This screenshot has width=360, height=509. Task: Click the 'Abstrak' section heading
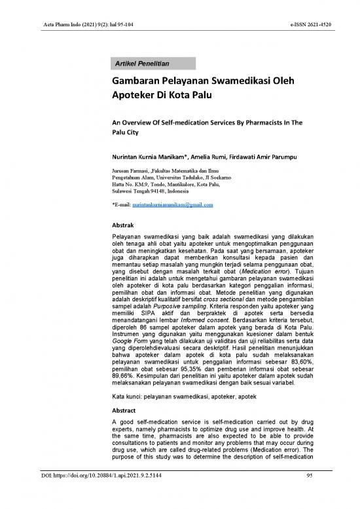pos(124,225)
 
